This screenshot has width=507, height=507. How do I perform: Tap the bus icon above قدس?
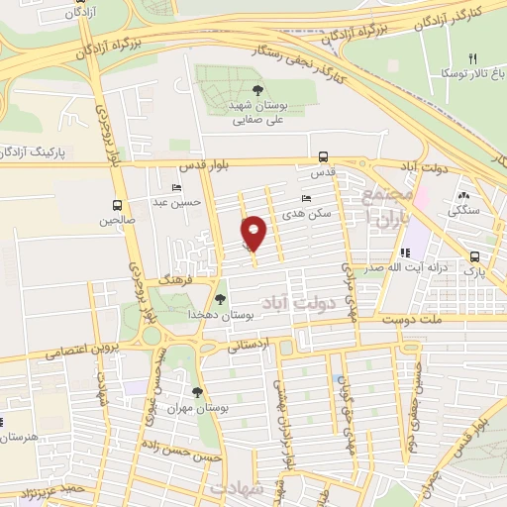click(323, 155)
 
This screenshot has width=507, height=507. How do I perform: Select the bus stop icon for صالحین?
click(116, 205)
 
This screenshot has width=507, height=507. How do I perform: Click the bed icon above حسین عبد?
click(176, 187)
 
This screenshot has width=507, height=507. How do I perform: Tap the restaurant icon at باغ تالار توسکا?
click(472, 59)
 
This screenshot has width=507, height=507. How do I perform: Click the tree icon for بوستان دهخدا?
click(221, 298)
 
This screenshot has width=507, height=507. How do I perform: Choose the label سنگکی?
click(462, 210)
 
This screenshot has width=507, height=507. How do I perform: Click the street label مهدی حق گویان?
click(348, 416)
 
